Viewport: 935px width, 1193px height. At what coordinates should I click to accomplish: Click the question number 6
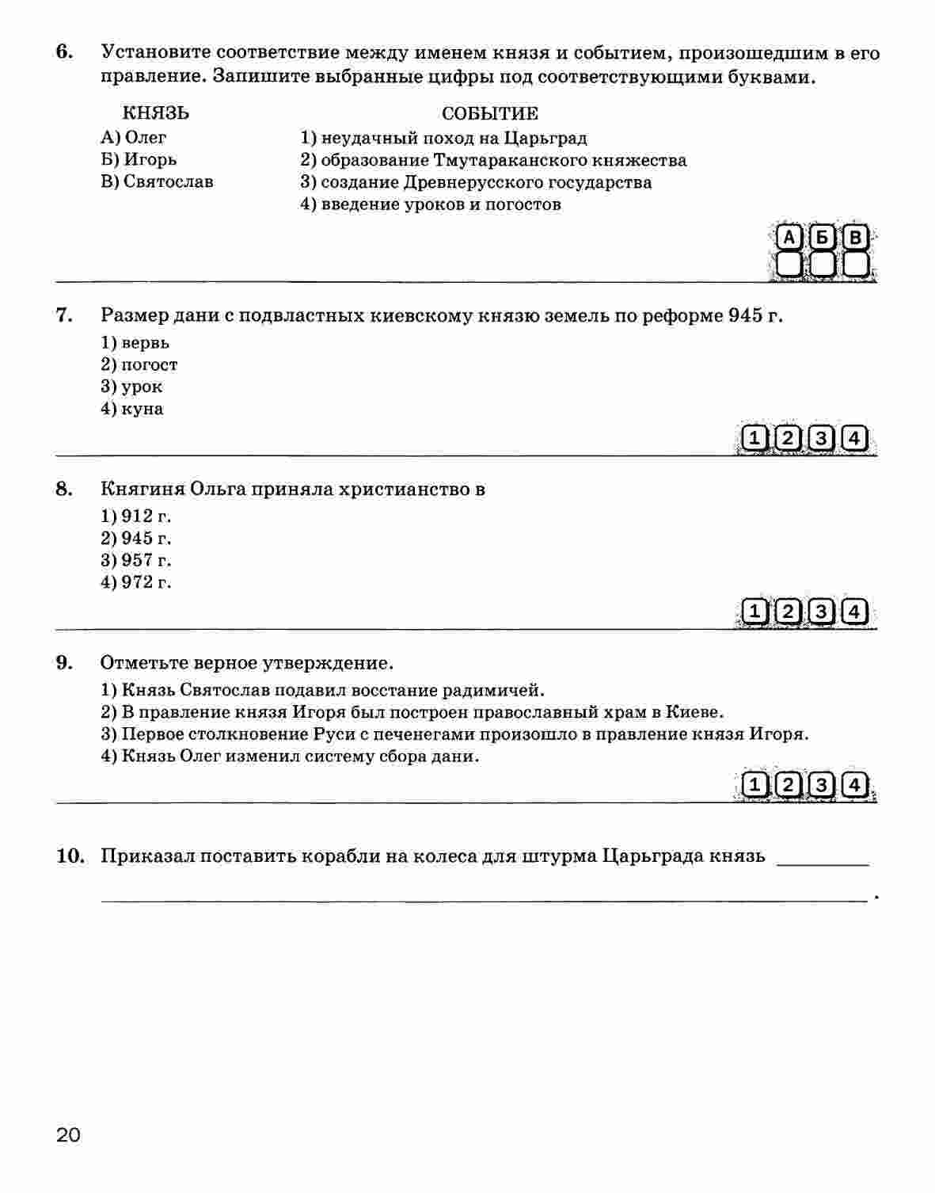click(x=64, y=52)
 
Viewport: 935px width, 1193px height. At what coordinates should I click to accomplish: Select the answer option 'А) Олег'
click(x=134, y=137)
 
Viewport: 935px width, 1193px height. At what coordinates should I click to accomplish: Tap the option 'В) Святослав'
click(x=157, y=181)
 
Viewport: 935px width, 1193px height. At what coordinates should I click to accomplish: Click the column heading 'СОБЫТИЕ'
click(x=489, y=113)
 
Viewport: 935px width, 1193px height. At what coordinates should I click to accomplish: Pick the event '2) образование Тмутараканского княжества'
click(x=493, y=160)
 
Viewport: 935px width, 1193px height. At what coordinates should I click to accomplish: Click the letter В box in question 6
click(x=854, y=238)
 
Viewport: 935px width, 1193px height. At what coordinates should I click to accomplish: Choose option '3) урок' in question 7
click(x=131, y=387)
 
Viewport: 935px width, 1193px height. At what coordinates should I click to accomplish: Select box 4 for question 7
click(x=853, y=438)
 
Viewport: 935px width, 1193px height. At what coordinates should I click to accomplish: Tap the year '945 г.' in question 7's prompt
click(x=755, y=315)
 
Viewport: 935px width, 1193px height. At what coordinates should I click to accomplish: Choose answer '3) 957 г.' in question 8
click(x=136, y=560)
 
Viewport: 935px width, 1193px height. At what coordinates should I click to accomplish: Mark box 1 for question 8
click(x=756, y=612)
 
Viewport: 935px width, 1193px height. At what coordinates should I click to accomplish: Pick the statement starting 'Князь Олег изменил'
click(x=290, y=756)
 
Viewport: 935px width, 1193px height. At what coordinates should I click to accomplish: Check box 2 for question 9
click(x=789, y=785)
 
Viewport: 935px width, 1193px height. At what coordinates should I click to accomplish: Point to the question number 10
click(x=70, y=856)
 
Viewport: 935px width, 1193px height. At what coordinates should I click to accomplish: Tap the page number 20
click(x=67, y=1135)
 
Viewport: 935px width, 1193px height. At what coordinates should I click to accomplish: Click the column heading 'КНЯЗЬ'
click(x=155, y=113)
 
